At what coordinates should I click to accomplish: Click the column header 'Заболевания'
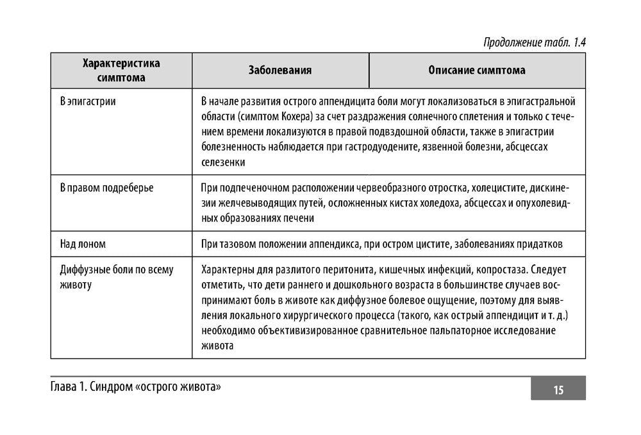(280, 71)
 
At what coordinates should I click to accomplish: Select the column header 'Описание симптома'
(477, 71)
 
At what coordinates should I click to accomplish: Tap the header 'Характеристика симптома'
(121, 71)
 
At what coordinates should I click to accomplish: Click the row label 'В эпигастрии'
(88, 101)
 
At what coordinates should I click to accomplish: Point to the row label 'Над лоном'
(83, 244)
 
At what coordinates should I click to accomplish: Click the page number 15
(558, 389)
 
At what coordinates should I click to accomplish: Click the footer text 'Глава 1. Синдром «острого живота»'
(138, 388)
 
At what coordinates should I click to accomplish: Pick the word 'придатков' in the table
(541, 244)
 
